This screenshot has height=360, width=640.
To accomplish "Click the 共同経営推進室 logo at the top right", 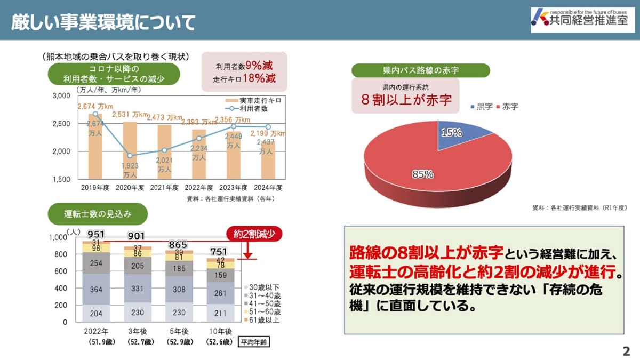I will click(582, 20).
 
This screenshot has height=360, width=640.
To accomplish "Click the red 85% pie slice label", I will click(422, 174).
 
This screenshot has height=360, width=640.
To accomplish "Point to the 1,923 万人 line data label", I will click(130, 170).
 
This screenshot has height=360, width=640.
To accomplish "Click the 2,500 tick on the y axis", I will click(62, 124).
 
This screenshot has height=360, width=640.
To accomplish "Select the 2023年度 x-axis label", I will click(234, 188).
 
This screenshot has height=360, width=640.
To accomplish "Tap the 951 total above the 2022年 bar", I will click(96, 234).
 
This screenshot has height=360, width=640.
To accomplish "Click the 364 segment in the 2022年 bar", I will click(96, 289).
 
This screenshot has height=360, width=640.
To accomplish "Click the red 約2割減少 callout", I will click(254, 234).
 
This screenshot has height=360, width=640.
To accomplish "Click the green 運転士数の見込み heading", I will click(98, 214).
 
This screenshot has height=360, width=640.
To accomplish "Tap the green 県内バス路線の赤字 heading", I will click(421, 70).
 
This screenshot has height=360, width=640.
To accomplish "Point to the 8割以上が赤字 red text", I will click(406, 100).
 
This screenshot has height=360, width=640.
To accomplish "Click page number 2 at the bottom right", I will click(626, 351).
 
